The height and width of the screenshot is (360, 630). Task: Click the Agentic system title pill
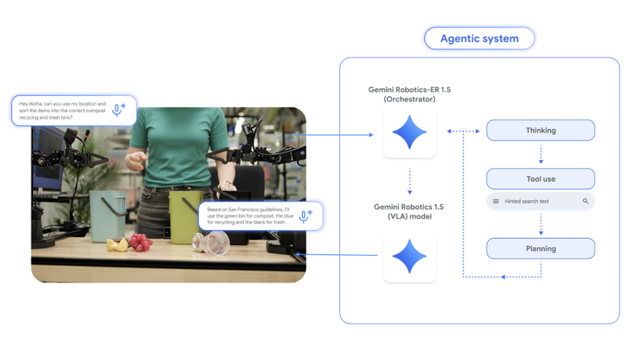(x=479, y=39)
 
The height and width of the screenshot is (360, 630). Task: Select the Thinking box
(x=540, y=130)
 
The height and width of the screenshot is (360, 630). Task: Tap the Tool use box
(x=540, y=178)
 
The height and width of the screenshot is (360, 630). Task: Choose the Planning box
(x=540, y=248)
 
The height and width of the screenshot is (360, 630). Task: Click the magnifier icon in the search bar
(x=586, y=201)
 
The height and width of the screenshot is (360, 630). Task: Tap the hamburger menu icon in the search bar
(x=496, y=201)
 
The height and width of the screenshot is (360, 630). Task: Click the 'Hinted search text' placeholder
(x=527, y=201)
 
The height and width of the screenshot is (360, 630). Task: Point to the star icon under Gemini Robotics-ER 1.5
(x=409, y=132)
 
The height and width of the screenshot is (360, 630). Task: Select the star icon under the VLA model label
(x=409, y=256)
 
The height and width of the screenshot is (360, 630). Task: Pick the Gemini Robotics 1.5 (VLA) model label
(x=409, y=211)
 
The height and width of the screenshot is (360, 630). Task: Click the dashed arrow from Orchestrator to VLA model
(x=409, y=182)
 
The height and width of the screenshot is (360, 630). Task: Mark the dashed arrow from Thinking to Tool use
(x=540, y=153)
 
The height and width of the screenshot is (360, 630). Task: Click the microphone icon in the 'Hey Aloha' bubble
(x=119, y=111)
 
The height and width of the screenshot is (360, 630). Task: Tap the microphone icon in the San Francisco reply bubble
(x=304, y=216)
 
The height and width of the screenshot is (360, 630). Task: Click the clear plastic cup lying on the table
(x=215, y=241)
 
